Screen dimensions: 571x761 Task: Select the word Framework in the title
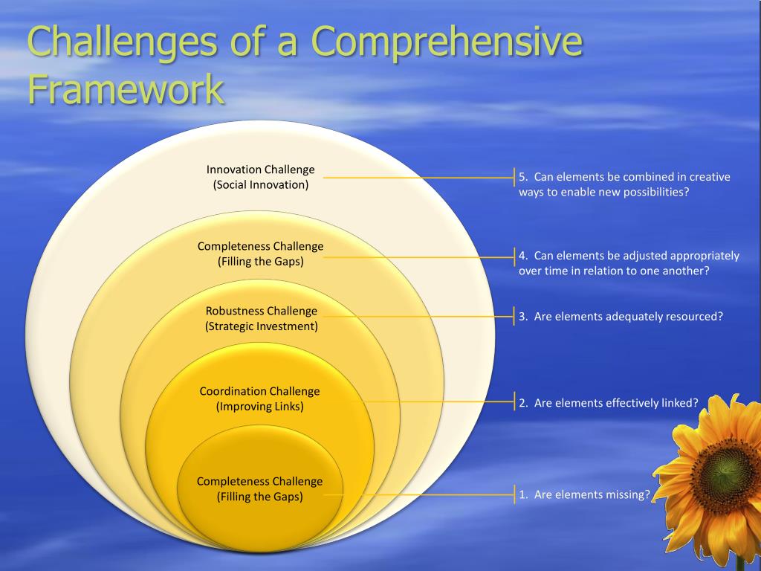click(x=126, y=89)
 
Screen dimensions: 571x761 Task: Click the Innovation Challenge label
click(x=260, y=170)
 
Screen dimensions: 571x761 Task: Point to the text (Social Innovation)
click(x=260, y=184)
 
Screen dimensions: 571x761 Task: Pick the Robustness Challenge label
click(x=261, y=311)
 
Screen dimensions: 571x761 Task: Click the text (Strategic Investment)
click(x=261, y=326)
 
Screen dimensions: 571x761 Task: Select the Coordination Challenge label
click(x=259, y=391)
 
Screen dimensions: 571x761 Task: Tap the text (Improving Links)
click(x=259, y=406)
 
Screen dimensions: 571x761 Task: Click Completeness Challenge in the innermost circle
click(x=259, y=481)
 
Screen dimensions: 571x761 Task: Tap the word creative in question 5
click(x=710, y=177)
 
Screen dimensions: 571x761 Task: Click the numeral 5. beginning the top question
click(x=523, y=177)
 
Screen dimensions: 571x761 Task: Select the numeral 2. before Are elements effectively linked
click(x=523, y=403)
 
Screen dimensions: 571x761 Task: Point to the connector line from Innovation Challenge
click(x=416, y=178)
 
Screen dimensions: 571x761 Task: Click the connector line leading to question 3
click(x=416, y=316)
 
